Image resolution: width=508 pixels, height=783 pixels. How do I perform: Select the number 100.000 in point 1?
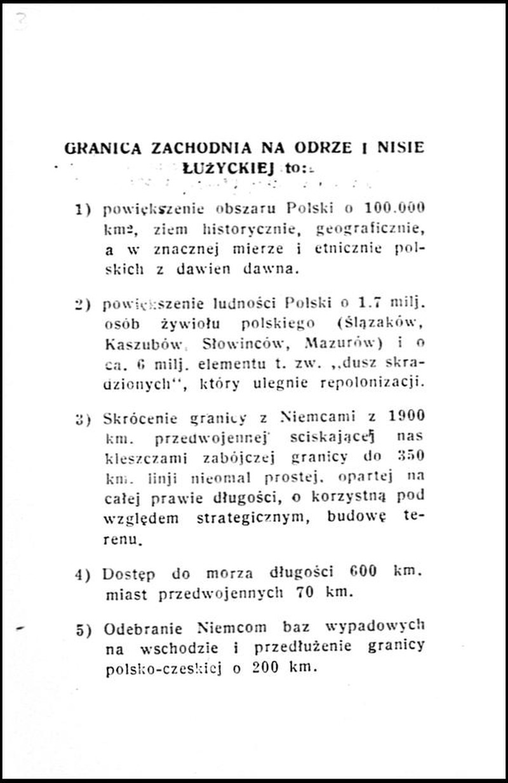(x=394, y=208)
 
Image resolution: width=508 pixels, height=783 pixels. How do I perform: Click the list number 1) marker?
(x=84, y=208)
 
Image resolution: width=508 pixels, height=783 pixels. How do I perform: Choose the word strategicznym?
(x=251, y=517)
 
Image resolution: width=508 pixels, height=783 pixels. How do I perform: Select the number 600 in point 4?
(x=364, y=572)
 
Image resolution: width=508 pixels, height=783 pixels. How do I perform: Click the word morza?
(x=230, y=573)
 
